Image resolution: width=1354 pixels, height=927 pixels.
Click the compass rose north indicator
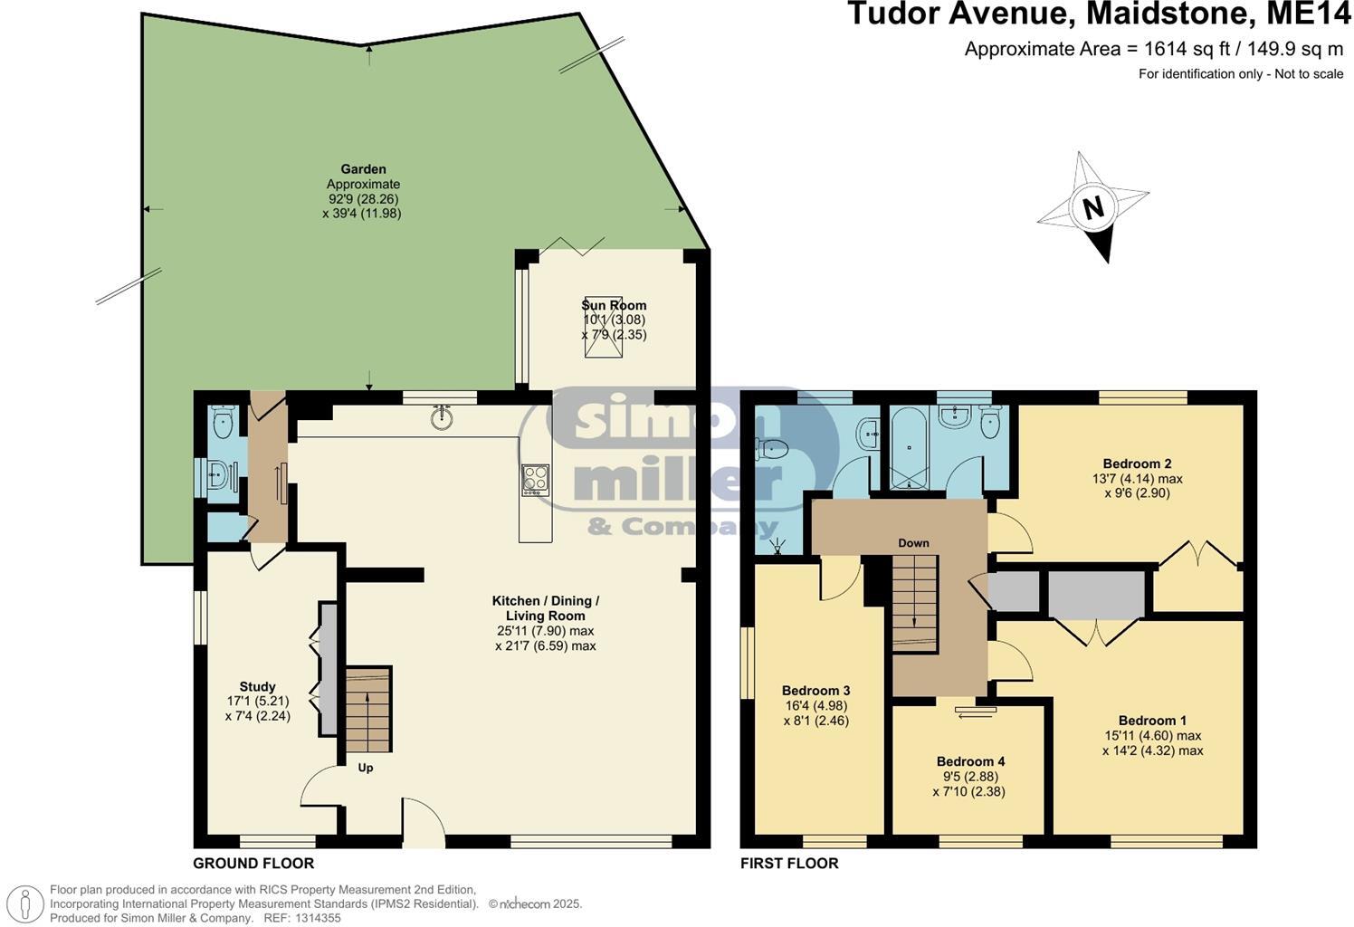point(1092,207)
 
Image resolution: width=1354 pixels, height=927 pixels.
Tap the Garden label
point(363,169)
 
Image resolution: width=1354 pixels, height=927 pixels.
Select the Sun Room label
point(614,305)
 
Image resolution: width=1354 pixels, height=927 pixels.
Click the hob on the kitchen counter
point(535,478)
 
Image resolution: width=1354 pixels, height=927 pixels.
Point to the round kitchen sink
point(442,417)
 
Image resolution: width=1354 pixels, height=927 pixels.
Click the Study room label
point(257,687)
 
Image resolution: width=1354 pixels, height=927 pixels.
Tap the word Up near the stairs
point(366,768)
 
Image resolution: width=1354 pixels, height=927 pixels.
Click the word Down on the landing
point(913,543)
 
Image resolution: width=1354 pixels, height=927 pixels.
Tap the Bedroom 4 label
point(970,761)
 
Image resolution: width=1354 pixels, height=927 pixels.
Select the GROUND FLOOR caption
point(253,864)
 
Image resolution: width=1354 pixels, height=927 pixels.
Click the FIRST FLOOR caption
point(789,864)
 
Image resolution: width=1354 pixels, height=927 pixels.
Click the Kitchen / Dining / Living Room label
point(545,607)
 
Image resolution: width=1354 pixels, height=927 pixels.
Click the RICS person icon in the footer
point(26,903)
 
